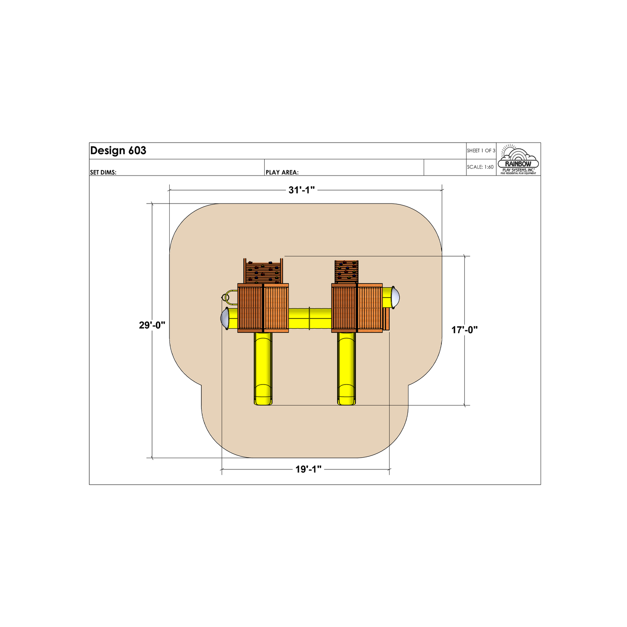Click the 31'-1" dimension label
[x=301, y=190]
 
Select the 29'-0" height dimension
[x=152, y=325]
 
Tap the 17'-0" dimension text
[x=464, y=330]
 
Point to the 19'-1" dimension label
[x=308, y=469]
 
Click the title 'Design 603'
[x=118, y=150]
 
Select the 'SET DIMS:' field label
[x=103, y=172]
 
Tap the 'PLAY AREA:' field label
[x=282, y=172]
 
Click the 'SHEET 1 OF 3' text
[x=481, y=150]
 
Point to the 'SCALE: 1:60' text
[x=480, y=167]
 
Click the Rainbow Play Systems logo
[x=518, y=159]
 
